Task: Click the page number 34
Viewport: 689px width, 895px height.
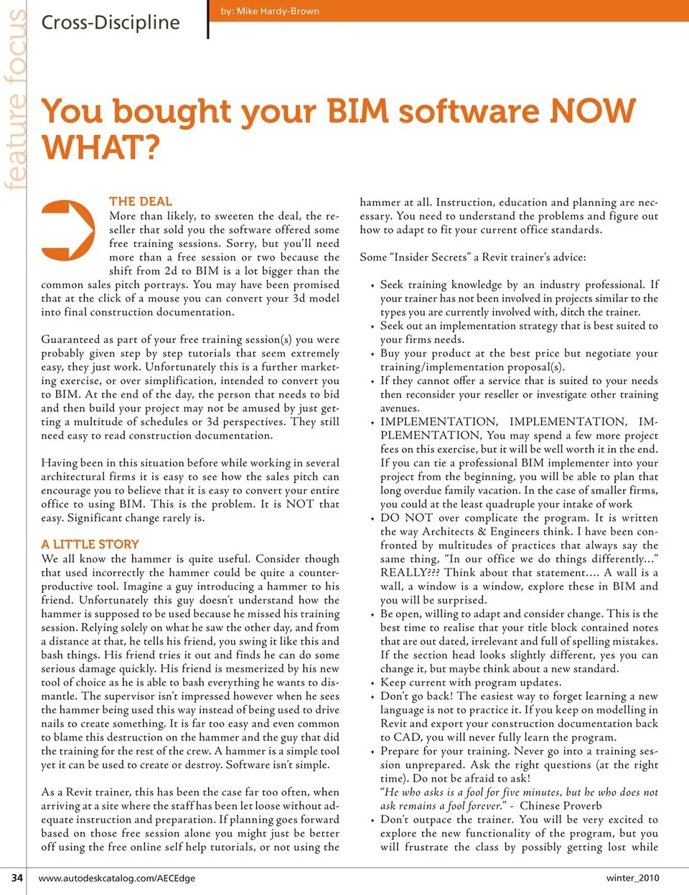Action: tap(17, 877)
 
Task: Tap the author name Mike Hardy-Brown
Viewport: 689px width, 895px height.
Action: tap(270, 11)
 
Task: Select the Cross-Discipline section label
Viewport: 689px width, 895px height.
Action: tap(111, 23)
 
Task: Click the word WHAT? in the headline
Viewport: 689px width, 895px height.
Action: tap(101, 147)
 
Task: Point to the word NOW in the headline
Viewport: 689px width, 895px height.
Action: tap(592, 111)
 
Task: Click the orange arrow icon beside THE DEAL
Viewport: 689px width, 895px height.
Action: tap(67, 230)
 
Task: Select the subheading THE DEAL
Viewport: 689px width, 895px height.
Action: tap(141, 202)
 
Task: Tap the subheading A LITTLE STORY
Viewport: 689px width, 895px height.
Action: tap(90, 544)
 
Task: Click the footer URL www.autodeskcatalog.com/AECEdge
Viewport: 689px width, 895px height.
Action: tap(116, 878)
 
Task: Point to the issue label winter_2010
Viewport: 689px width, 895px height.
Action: tap(632, 878)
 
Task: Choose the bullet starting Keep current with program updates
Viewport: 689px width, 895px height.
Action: tap(470, 682)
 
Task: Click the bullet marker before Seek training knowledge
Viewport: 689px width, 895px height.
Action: tap(372, 286)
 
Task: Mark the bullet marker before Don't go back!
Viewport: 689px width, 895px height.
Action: tap(372, 697)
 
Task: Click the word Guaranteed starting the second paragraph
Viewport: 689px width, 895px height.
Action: tap(70, 339)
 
